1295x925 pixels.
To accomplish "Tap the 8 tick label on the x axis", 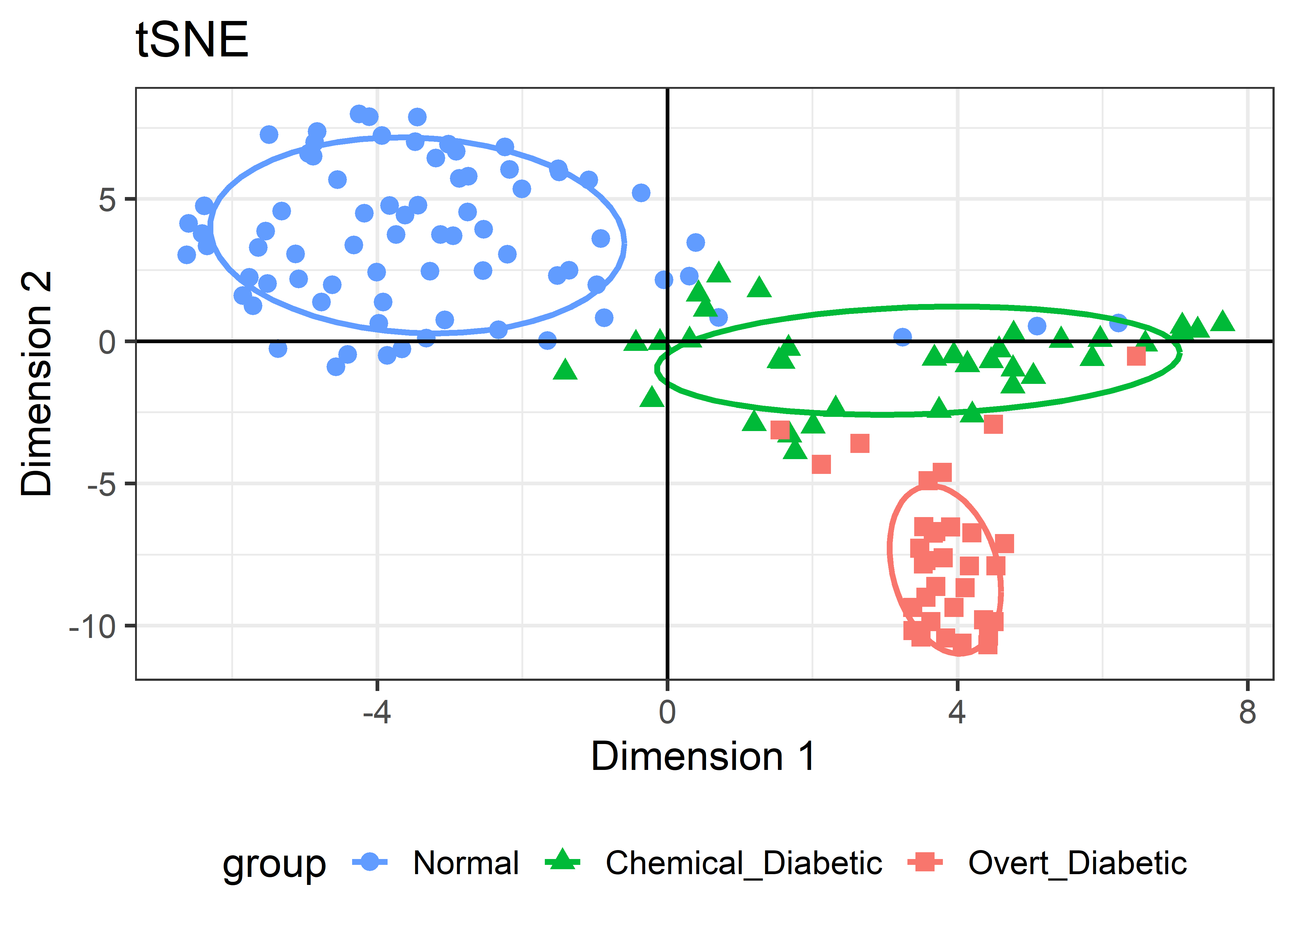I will click(1247, 712).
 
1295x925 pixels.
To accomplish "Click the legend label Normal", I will click(465, 863).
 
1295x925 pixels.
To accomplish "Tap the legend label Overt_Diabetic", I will click(1077, 863).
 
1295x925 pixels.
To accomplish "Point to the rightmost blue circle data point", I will click(1118, 323).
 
